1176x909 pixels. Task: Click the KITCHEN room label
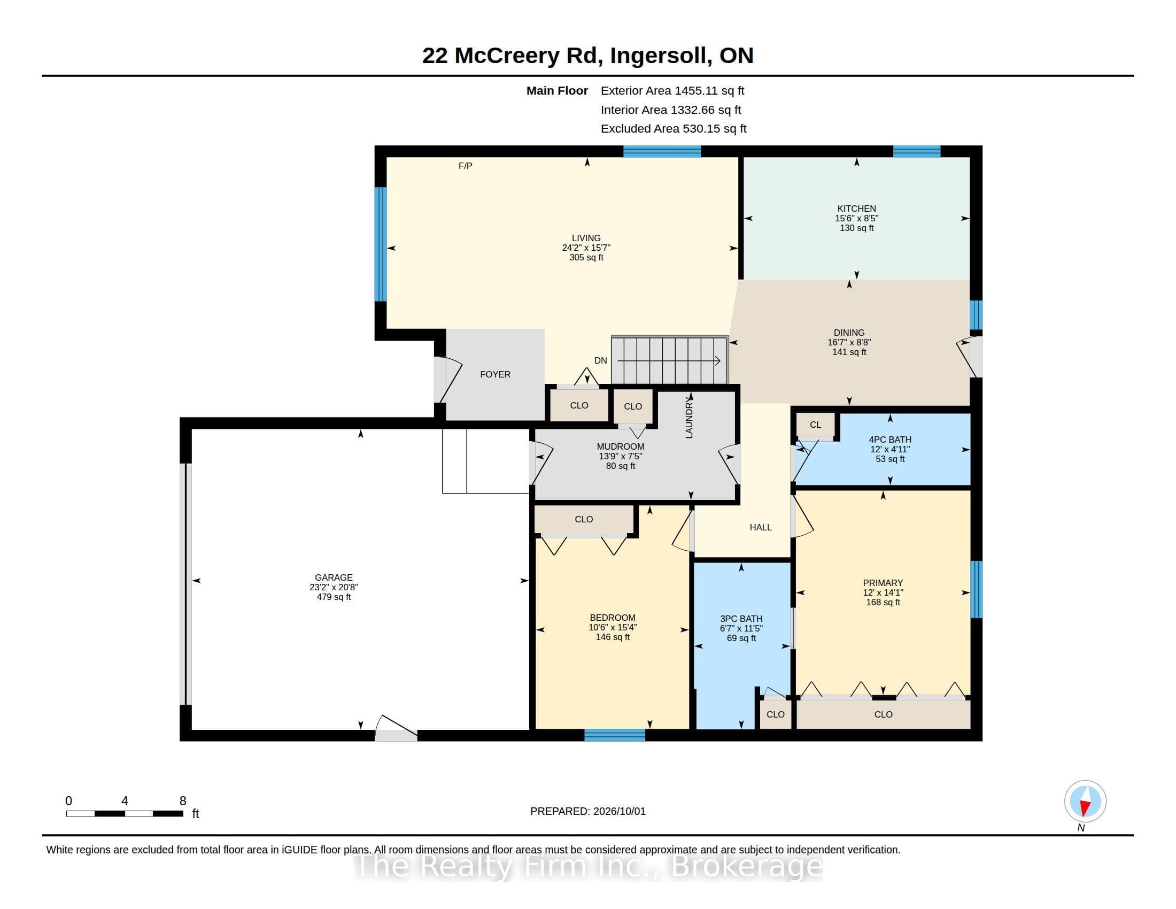856,209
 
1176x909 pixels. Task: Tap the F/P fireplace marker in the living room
465,166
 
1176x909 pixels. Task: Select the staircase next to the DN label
670,360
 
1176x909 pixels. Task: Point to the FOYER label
495,374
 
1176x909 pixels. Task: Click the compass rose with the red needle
1085,801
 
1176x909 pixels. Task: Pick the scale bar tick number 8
183,801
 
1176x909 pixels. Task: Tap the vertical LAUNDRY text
688,419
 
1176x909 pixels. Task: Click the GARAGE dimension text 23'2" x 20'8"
334,587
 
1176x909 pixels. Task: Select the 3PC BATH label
741,619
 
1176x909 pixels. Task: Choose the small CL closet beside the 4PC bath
815,425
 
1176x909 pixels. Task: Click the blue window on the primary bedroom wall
976,589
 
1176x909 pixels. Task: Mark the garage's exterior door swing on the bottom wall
396,728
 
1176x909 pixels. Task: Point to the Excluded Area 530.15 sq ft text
674,129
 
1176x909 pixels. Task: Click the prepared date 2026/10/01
619,811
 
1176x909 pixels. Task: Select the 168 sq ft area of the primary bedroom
883,602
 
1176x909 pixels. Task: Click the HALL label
760,527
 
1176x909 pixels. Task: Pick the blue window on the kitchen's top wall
916,151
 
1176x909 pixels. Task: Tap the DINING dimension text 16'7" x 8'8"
849,342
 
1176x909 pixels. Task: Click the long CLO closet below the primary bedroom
883,714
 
